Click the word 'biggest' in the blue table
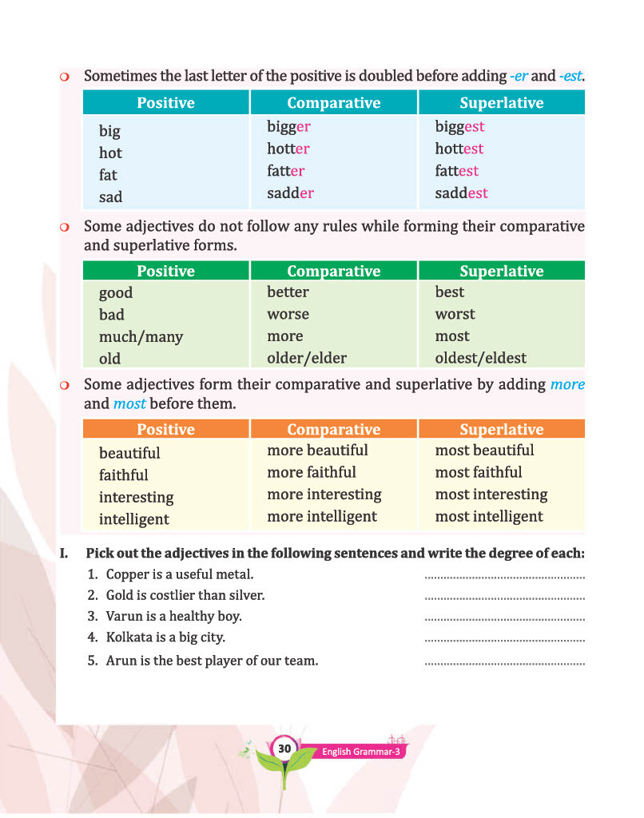coord(459,126)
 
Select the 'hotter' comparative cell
coord(288,149)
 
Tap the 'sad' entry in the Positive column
coord(110,197)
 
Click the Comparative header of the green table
coord(333,272)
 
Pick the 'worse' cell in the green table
coord(288,314)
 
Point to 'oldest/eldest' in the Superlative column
coord(480,358)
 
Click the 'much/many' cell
coord(141,336)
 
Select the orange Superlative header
coord(501,430)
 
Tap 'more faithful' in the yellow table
coord(312,472)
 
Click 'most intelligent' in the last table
coord(489,516)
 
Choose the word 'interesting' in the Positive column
coord(136,497)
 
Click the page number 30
coord(284,749)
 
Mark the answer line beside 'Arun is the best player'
coord(505,662)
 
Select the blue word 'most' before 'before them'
coord(129,403)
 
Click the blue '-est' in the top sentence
coord(570,77)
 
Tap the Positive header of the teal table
coord(165,103)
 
